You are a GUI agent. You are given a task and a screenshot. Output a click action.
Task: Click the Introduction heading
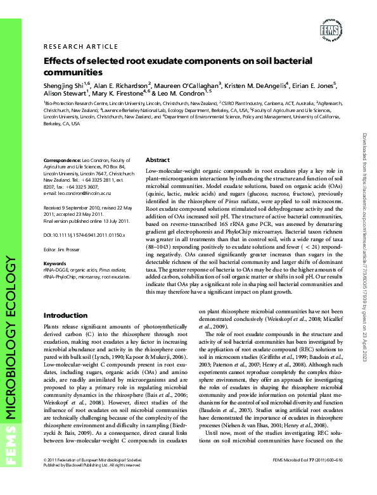[65, 315]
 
